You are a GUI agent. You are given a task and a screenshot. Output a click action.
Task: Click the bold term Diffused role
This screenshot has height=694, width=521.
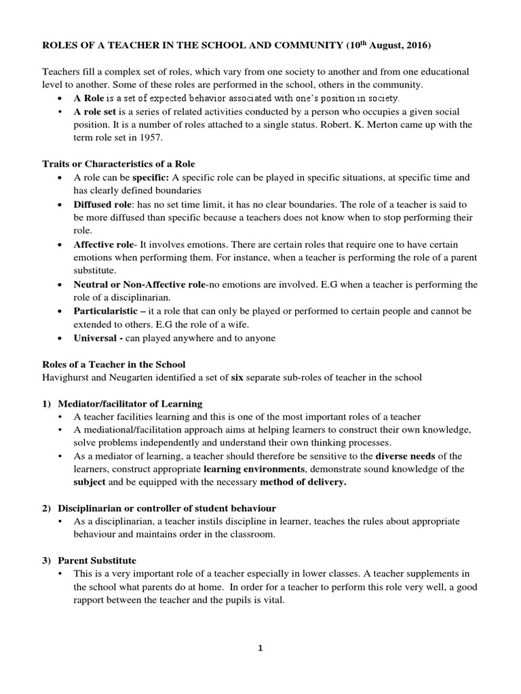coord(102,204)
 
